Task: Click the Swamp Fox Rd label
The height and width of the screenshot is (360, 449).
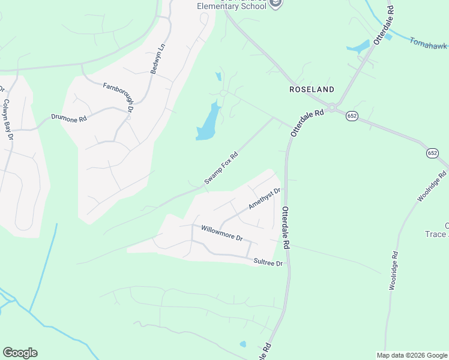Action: click(221, 169)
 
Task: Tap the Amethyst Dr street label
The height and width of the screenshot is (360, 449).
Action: click(265, 199)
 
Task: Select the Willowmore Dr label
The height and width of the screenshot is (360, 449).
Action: click(221, 233)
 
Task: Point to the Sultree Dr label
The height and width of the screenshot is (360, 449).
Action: click(268, 262)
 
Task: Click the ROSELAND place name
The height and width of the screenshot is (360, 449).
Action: click(312, 89)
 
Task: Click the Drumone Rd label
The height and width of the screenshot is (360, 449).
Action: click(69, 118)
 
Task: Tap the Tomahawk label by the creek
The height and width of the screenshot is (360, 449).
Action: click(429, 44)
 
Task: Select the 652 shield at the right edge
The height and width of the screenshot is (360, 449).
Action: click(433, 154)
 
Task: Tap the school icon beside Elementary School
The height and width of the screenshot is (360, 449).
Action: click(276, 4)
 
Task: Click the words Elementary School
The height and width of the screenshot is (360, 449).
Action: click(232, 7)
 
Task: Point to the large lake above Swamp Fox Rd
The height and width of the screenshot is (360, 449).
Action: click(207, 123)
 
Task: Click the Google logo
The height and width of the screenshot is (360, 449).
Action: click(20, 353)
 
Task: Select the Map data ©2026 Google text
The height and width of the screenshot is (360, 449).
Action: click(412, 355)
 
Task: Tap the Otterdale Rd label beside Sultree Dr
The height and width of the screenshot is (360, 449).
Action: click(286, 228)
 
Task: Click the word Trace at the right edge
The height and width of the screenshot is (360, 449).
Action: click(437, 234)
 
